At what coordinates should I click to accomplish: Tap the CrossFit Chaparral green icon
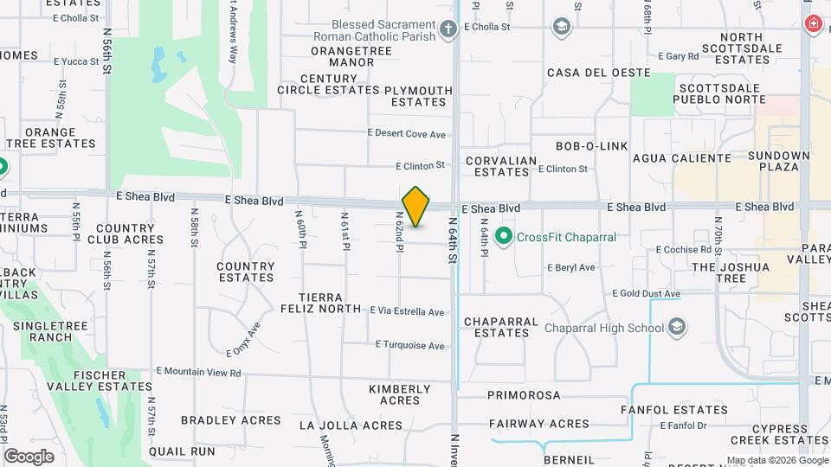click(503, 235)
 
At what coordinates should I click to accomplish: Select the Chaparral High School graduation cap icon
click(678, 327)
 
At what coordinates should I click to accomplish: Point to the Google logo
click(29, 456)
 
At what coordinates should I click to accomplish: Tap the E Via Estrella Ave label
click(407, 311)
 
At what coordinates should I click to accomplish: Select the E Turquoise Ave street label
click(410, 345)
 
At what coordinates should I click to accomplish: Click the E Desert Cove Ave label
click(406, 134)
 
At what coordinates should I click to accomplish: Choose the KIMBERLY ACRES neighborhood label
click(400, 394)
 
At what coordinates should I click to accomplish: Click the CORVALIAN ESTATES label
click(501, 166)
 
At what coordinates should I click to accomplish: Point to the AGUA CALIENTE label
click(682, 158)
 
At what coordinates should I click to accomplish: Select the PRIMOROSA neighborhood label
click(524, 395)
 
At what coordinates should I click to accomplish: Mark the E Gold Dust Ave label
click(646, 294)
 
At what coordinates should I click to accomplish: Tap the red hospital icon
click(814, 23)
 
